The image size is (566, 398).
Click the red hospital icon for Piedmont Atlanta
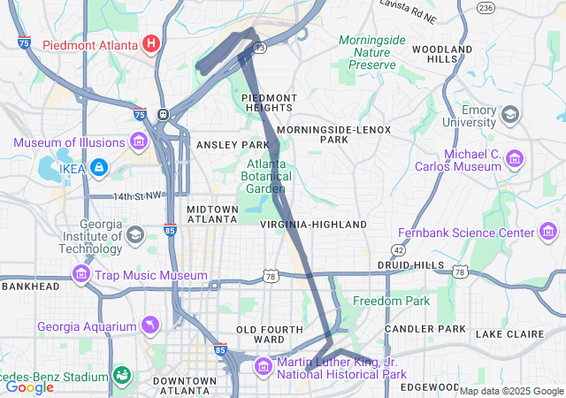pos(151,42)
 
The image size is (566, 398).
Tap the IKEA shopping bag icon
pos(97,166)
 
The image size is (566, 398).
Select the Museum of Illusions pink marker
pos(138,142)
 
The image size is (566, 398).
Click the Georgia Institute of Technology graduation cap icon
pos(134,234)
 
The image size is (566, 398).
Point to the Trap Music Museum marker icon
pos(81,275)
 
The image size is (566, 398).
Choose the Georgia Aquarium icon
pos(149,327)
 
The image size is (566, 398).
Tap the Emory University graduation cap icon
pos(510,114)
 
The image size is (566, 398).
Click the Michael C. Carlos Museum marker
pos(515,160)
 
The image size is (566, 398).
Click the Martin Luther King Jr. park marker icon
pos(264,366)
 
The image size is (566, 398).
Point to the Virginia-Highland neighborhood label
pos(313,225)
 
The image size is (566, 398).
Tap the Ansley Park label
pos(232,144)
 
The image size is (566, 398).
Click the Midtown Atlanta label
pos(212,215)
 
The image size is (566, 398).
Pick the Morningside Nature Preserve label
pos(372,52)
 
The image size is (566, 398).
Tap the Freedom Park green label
pos(391,301)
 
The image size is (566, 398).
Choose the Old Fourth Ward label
pos(260,333)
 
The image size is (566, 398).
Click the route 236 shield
pos(485,7)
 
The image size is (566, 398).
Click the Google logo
pos(29,387)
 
